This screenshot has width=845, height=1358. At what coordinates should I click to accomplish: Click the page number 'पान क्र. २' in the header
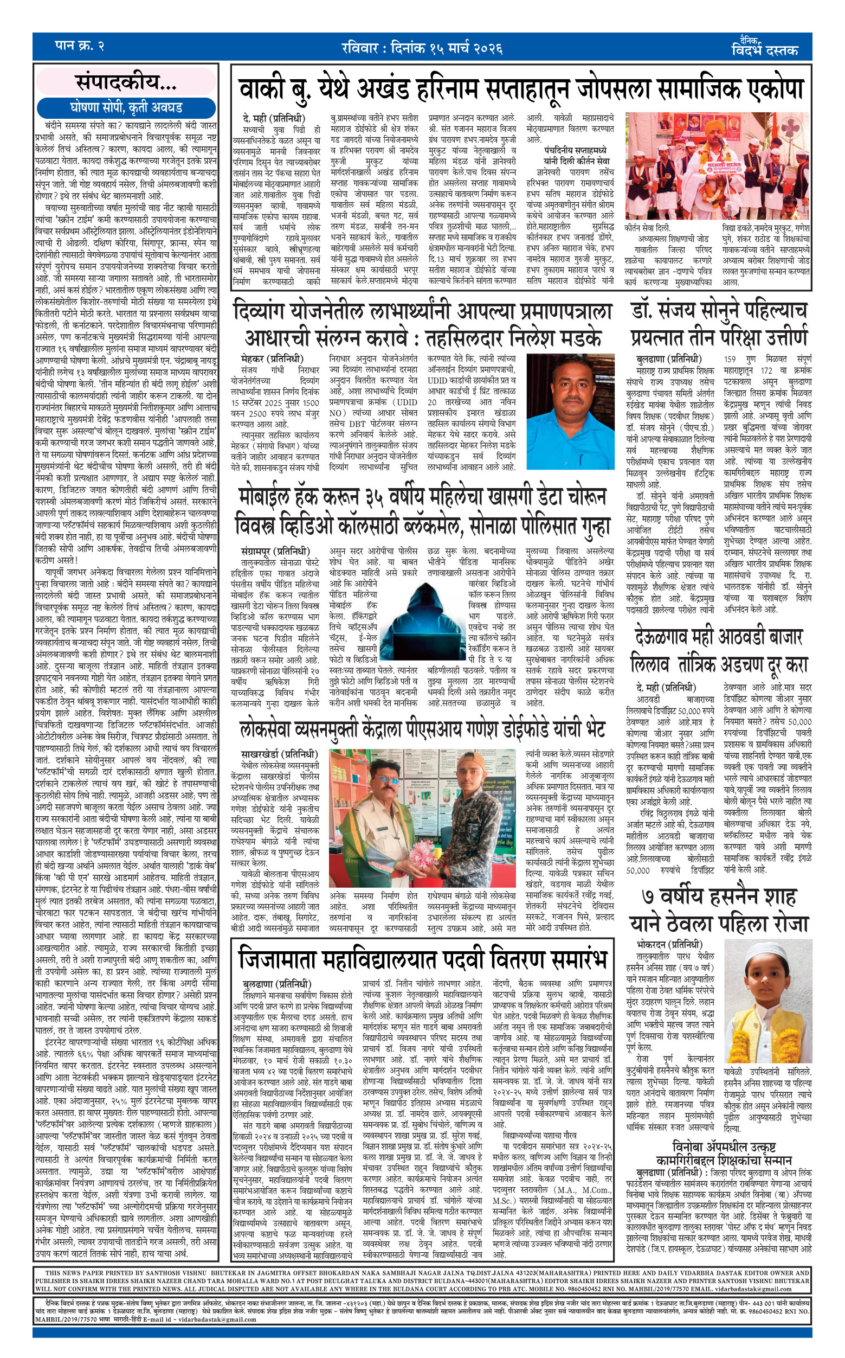tap(79, 46)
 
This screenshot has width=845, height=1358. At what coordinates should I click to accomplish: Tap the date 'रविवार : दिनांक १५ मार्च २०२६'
tap(422, 48)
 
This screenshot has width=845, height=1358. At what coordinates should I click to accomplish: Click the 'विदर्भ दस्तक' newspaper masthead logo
tap(765, 49)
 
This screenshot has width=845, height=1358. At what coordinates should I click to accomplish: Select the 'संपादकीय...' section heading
tap(126, 83)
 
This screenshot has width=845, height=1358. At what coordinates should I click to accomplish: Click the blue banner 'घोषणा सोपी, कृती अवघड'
tap(126, 108)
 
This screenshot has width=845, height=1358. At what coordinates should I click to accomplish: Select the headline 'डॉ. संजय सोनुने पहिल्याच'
tap(719, 311)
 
